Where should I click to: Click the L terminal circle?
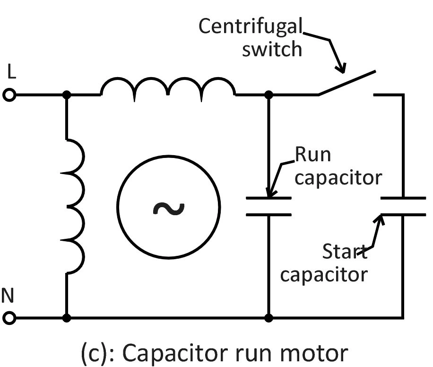pos(9,95)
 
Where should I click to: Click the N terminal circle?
pos(9,317)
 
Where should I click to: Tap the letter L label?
pos(12,72)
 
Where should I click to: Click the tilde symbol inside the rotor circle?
pos(169,208)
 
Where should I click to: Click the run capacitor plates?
pos(268,207)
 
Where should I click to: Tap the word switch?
pos(272,48)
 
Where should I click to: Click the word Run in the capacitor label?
pos(312,155)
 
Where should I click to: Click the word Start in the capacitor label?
pos(344,251)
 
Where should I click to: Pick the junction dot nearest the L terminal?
pos(67,95)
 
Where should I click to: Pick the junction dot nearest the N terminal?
pos(67,317)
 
